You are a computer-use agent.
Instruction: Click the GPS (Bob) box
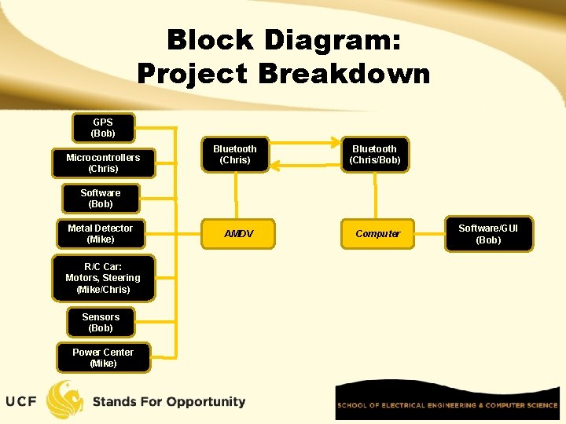103,128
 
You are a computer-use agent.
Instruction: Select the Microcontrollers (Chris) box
103,163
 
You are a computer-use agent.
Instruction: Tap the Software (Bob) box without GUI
101,199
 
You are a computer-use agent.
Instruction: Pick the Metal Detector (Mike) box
101,234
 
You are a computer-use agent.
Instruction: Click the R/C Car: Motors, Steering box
103,278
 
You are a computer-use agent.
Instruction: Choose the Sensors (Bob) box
101,323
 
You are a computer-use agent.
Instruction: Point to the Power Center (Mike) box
103,358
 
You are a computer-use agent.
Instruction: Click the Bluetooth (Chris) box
235,155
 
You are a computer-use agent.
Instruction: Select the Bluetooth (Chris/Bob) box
376,155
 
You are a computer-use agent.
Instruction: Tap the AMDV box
238,234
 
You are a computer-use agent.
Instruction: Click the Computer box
377,234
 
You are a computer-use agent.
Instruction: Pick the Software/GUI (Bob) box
488,234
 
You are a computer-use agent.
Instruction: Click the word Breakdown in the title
343,74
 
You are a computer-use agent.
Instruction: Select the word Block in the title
209,39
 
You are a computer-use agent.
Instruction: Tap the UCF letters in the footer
21,402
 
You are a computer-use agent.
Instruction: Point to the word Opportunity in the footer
196,402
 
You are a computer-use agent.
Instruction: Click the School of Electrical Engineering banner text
447,405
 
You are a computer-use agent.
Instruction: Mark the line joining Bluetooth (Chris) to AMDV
236,195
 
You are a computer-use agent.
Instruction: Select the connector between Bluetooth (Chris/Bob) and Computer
376,195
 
